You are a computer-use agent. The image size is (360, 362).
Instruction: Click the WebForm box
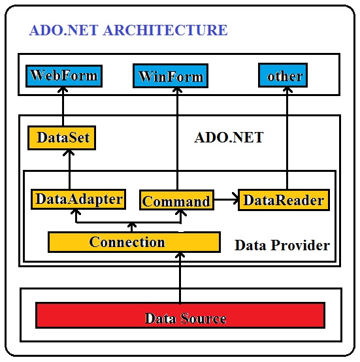[64, 76]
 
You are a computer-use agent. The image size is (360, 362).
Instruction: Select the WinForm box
[171, 76]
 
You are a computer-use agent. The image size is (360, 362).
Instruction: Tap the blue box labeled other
[283, 75]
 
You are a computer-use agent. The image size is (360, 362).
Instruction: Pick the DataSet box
[61, 138]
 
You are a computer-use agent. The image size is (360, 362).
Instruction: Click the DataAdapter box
[78, 199]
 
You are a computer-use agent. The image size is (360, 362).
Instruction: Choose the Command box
[177, 200]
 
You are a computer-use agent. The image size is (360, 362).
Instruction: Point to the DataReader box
[284, 200]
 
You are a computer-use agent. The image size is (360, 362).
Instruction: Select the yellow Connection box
[134, 242]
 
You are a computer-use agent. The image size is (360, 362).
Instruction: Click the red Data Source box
[180, 316]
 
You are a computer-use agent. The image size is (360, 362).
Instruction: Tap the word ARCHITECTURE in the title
[165, 30]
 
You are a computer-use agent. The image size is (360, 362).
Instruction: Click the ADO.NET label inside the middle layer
[229, 137]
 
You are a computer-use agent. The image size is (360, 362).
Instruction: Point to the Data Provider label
[282, 245]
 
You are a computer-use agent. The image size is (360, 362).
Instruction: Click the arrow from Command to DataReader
[226, 199]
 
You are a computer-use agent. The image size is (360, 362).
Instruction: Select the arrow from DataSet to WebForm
[63, 107]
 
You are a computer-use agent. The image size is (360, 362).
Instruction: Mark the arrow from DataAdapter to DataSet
[69, 170]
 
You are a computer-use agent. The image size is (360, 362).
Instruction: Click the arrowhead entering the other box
[287, 90]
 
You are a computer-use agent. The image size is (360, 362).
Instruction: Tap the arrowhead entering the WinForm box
[177, 90]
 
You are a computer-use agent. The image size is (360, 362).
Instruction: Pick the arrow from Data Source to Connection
[180, 278]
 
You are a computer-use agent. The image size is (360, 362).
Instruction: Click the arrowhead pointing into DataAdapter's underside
[76, 212]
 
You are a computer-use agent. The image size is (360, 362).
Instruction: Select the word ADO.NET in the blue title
[64, 30]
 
